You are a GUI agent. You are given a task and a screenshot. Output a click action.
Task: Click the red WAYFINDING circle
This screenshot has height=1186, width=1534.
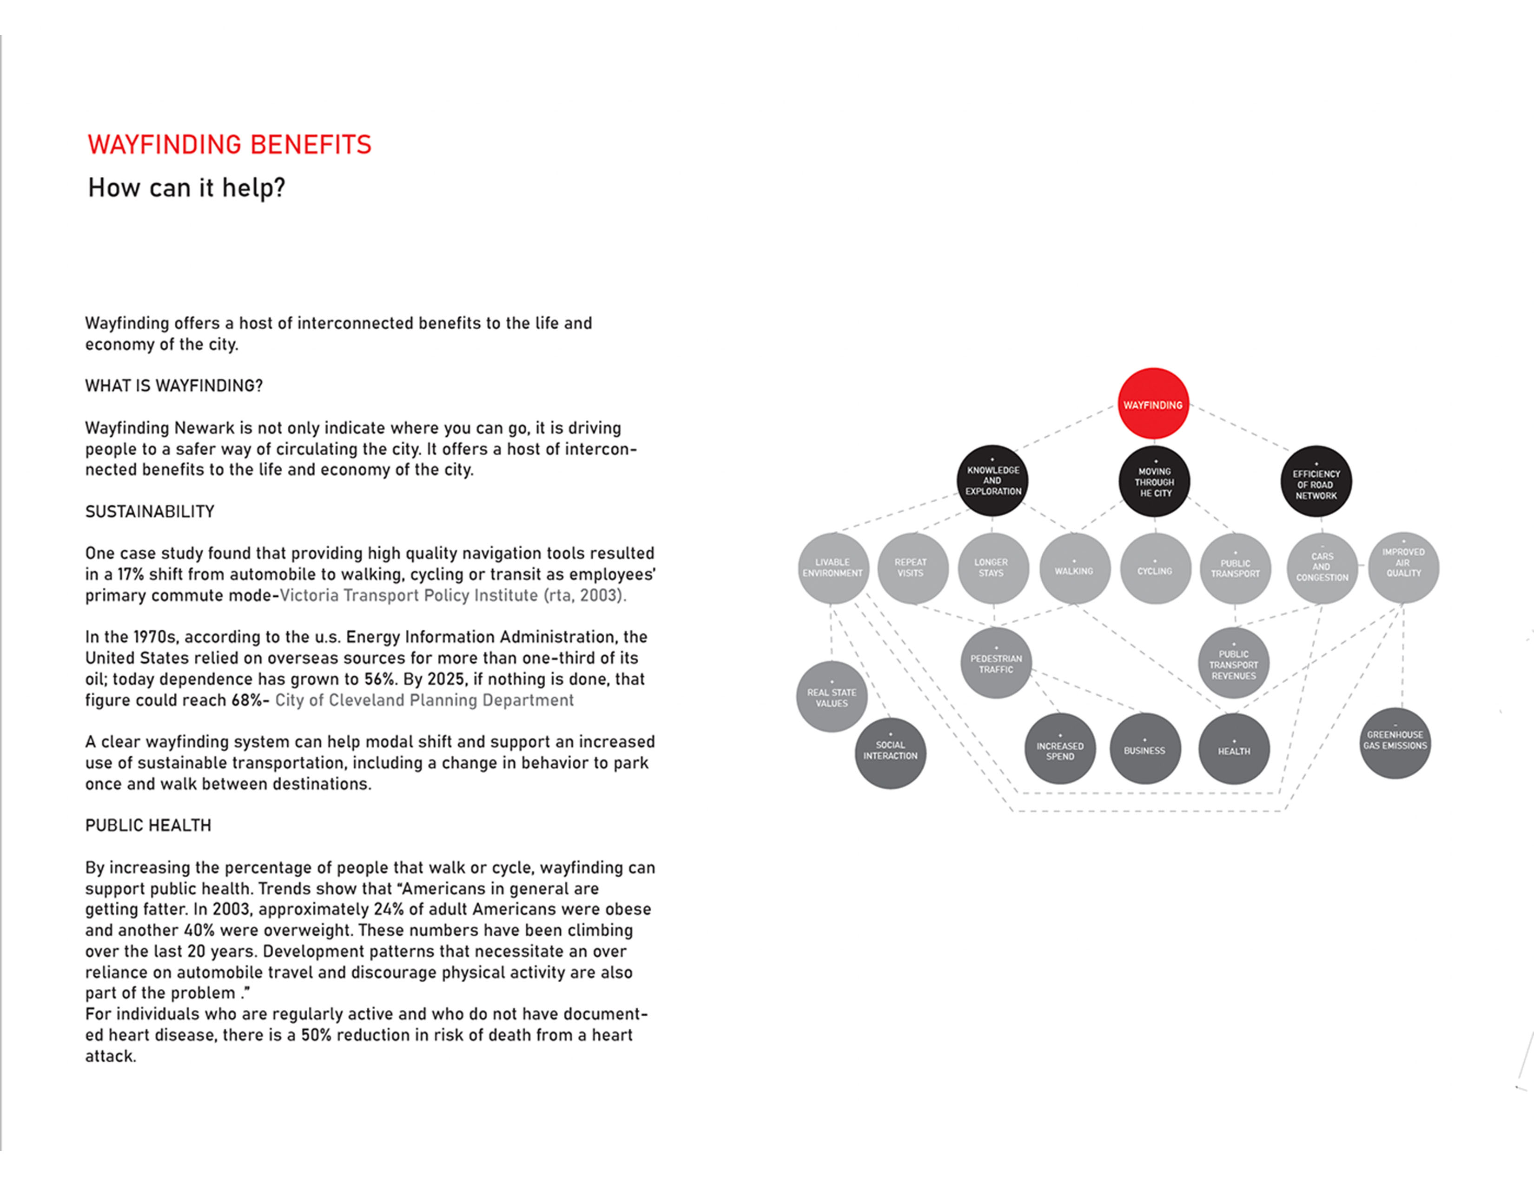(x=1153, y=404)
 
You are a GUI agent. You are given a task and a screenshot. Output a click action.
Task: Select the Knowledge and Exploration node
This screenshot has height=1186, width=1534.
(x=992, y=480)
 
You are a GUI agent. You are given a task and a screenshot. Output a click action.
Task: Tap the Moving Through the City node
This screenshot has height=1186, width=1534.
(x=1154, y=481)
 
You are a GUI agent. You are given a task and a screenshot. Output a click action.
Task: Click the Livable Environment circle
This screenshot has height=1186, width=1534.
(x=833, y=568)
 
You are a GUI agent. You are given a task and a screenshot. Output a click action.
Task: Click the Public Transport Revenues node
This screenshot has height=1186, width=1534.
(x=1233, y=663)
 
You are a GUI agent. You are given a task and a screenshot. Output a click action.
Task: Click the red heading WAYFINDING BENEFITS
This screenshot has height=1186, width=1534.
(x=230, y=145)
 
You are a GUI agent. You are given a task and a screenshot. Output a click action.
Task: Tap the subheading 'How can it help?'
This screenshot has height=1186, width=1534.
(x=187, y=187)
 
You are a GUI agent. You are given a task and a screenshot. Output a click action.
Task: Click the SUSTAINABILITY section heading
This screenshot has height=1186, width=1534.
(x=150, y=512)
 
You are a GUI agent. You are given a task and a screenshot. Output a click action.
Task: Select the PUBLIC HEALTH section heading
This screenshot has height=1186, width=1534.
(x=148, y=825)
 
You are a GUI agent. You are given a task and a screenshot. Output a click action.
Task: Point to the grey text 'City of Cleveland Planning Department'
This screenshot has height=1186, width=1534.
(x=424, y=700)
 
